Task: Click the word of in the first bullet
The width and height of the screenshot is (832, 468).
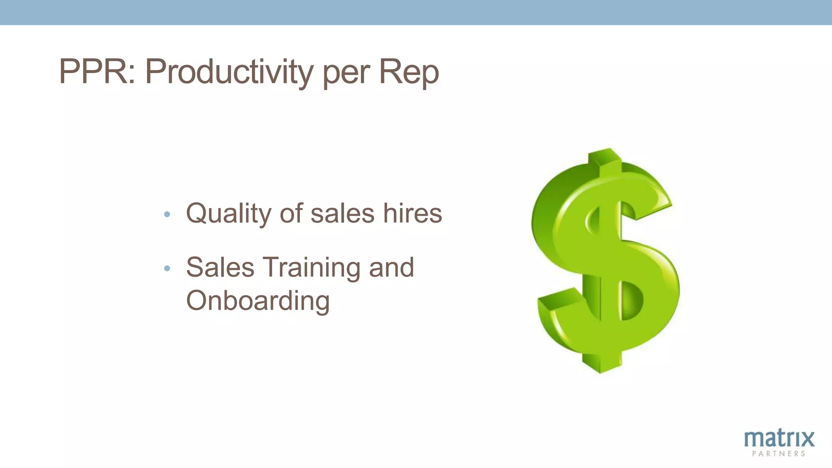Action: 291,213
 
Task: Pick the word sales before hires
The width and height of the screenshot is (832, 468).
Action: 342,213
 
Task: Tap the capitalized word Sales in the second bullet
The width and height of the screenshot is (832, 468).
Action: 220,267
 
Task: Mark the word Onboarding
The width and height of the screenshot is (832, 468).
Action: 258,301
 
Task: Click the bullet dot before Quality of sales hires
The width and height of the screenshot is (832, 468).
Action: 167,214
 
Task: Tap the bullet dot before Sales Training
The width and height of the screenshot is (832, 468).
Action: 167,268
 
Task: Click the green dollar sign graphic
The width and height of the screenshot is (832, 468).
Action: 605,260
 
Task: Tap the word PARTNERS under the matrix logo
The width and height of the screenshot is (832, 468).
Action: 778,454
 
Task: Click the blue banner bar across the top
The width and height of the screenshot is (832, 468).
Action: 416,12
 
